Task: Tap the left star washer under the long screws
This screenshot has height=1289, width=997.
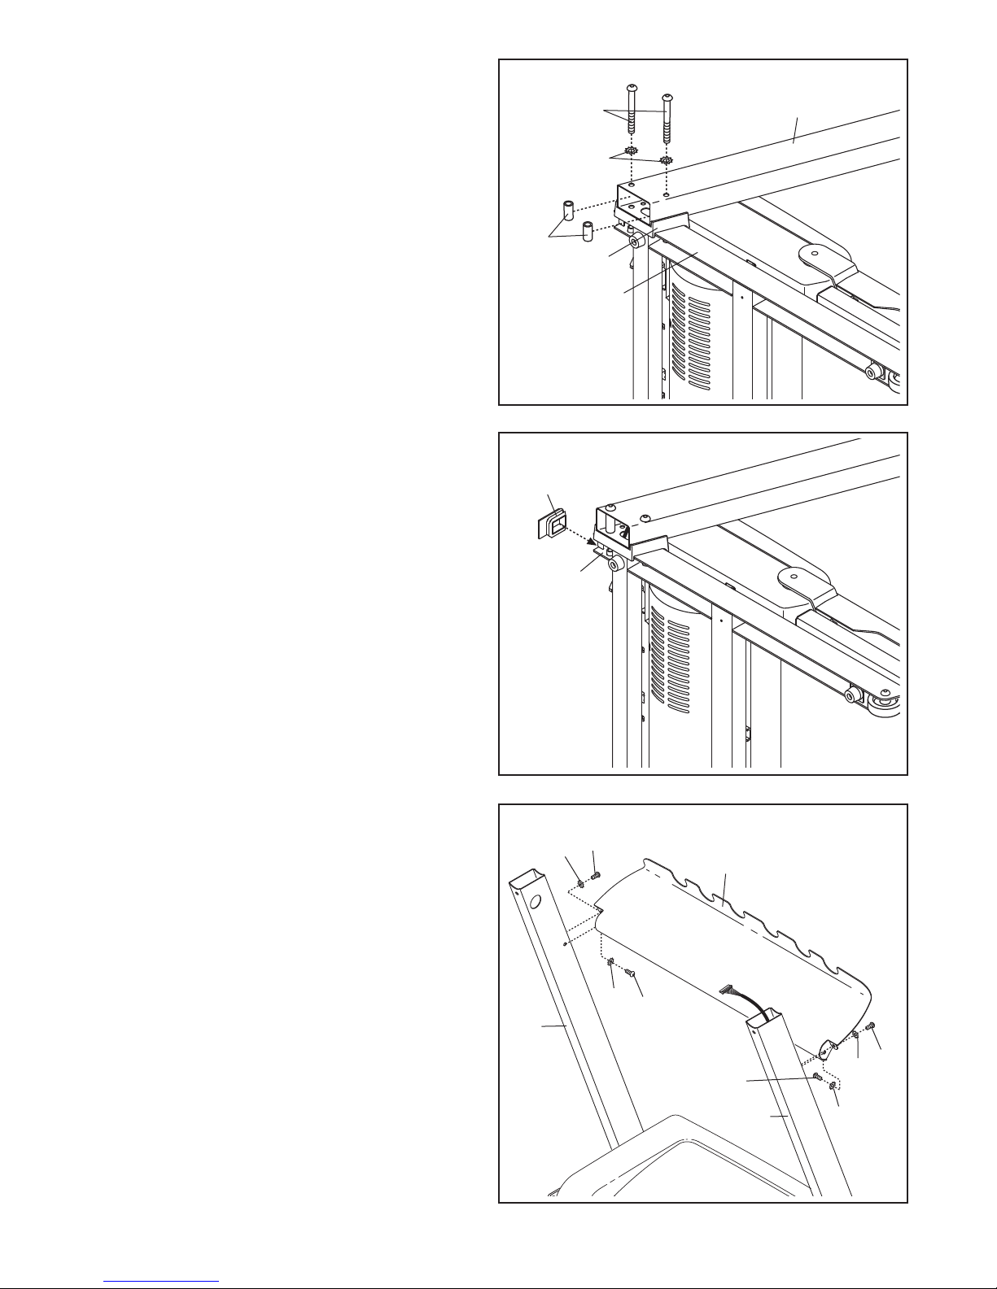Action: coord(631,151)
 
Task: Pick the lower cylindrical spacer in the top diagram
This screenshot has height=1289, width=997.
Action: coord(587,229)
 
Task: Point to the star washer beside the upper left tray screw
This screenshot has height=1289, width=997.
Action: coord(579,883)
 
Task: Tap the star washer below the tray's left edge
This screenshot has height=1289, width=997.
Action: coord(610,964)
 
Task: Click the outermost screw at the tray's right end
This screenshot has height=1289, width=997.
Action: coord(872,1026)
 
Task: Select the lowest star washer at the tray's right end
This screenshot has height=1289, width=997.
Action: coord(833,1086)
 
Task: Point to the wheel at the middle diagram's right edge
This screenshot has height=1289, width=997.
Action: coord(885,703)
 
